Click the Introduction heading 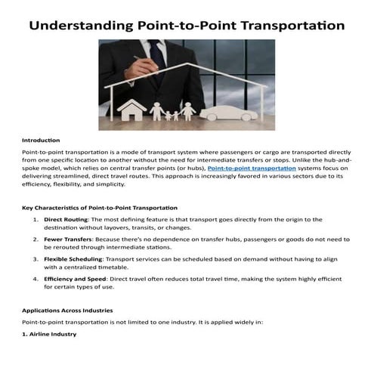[41, 141]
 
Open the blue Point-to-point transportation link [252, 168]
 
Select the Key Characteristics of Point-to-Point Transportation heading [100, 207]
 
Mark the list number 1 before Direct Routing [36, 219]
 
